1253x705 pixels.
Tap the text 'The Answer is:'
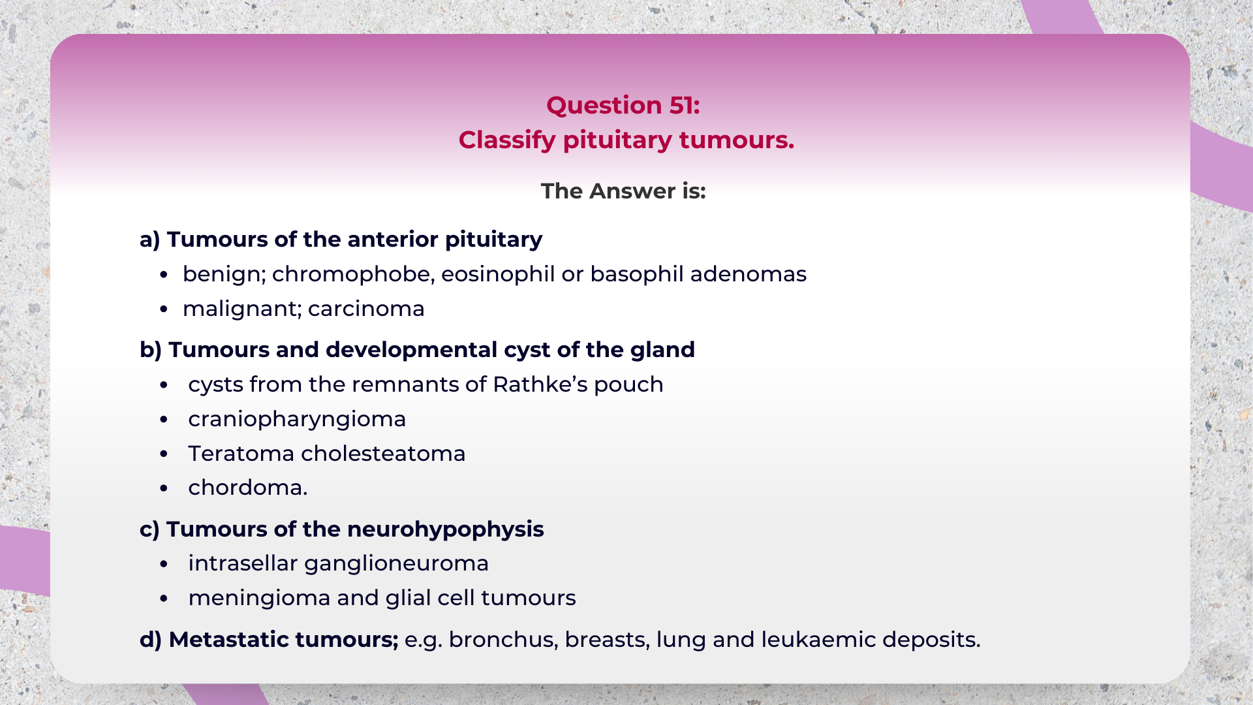(623, 191)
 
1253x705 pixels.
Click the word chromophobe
(353, 274)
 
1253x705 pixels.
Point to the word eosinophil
(498, 274)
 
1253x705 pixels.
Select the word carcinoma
(366, 309)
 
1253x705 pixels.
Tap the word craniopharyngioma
(297, 419)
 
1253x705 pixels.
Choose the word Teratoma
(241, 454)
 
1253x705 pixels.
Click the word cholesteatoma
(383, 454)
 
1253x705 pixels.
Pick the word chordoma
(247, 488)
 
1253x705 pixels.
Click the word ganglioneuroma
(396, 563)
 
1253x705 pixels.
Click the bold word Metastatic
(224, 640)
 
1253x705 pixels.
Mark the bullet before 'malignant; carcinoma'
(164, 309)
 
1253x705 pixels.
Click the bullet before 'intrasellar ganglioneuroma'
(164, 564)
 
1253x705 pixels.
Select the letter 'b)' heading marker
(151, 350)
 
